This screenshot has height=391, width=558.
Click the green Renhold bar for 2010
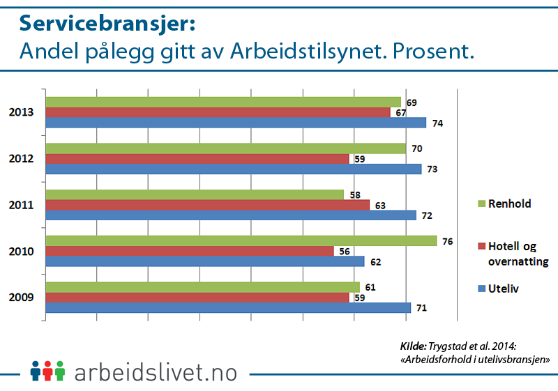pyautogui.click(x=241, y=240)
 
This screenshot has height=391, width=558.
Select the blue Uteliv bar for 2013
pyautogui.click(x=236, y=123)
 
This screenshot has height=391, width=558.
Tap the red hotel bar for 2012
pyautogui.click(x=197, y=159)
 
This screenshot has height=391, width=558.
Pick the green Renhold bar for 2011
pyautogui.click(x=195, y=194)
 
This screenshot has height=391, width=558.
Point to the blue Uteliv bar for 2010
pyautogui.click(x=205, y=261)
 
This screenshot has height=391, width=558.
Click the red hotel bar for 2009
pyautogui.click(x=197, y=298)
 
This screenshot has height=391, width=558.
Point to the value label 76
pyautogui.click(x=448, y=240)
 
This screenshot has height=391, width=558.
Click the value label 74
pyautogui.click(x=437, y=123)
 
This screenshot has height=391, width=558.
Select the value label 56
pyautogui.click(x=345, y=251)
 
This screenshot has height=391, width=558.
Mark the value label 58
pyautogui.click(x=355, y=194)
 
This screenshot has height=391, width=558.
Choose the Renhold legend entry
pyautogui.click(x=509, y=204)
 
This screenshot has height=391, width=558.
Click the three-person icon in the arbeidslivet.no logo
pyautogui.click(x=47, y=370)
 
